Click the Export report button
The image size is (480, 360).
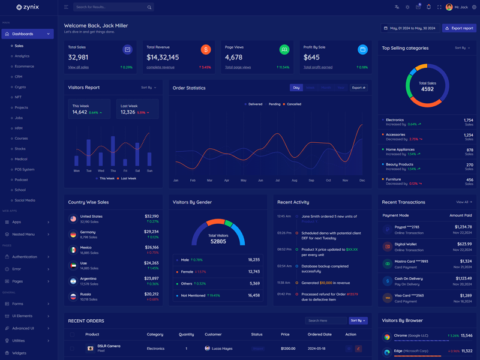click(459, 28)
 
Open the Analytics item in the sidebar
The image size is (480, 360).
click(22, 56)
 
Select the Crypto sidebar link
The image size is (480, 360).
click(20, 87)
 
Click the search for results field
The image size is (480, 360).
click(111, 7)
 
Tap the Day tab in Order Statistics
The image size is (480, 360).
click(296, 88)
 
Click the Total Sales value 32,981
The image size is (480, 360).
click(78, 58)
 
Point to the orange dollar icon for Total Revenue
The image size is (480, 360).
click(206, 50)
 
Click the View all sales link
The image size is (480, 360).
click(79, 67)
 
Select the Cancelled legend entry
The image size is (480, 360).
click(293, 104)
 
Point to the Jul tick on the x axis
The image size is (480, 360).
click(277, 180)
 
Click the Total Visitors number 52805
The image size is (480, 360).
click(218, 241)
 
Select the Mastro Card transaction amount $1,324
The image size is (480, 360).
click(466, 261)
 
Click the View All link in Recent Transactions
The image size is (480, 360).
click(463, 202)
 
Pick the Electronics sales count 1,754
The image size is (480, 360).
click(468, 120)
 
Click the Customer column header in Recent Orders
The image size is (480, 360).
click(213, 334)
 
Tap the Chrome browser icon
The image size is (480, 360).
click(387, 337)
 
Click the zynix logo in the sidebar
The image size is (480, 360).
click(28, 7)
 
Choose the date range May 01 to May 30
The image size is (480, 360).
click(409, 28)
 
